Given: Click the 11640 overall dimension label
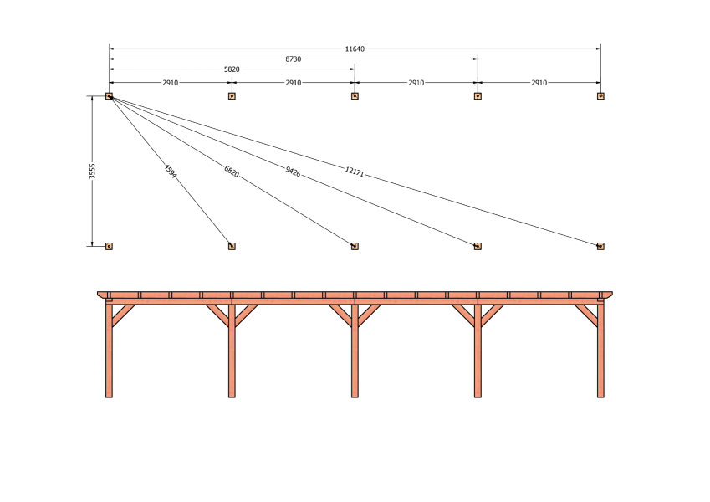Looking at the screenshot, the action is [355, 49].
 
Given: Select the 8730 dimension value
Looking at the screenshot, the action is [293, 59].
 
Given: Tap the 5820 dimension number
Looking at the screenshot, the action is [232, 69].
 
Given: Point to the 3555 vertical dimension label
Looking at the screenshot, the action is [92, 172].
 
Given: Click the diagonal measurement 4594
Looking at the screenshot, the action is [171, 172].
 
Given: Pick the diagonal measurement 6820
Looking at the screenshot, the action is [232, 172].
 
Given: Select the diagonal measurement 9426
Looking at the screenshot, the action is [293, 172].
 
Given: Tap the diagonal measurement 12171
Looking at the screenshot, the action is [354, 172].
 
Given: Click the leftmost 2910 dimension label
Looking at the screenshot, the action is [171, 83].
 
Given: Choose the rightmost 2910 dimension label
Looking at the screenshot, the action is [539, 83].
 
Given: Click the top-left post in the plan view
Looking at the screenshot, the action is [109, 96].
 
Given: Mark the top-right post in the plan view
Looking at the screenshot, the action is [600, 96].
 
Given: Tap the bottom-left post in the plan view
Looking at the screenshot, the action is [109, 246].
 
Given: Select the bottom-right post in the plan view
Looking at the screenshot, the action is [600, 246].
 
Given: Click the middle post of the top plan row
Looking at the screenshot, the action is [355, 96].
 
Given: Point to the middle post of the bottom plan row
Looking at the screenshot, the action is [355, 246].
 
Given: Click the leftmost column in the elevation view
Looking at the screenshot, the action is [109, 351].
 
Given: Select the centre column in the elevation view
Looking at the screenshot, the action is [355, 351].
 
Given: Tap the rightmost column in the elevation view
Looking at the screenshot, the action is [600, 351].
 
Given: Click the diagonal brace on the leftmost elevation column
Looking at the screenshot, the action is [123, 315].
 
